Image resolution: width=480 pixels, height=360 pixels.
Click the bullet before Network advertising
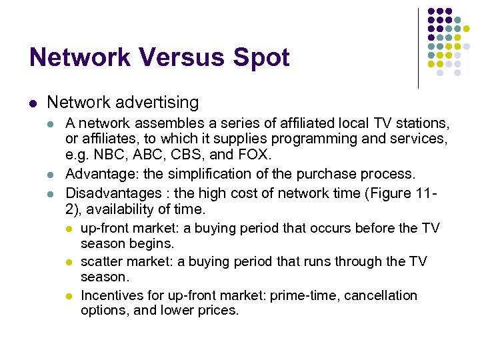33,103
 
